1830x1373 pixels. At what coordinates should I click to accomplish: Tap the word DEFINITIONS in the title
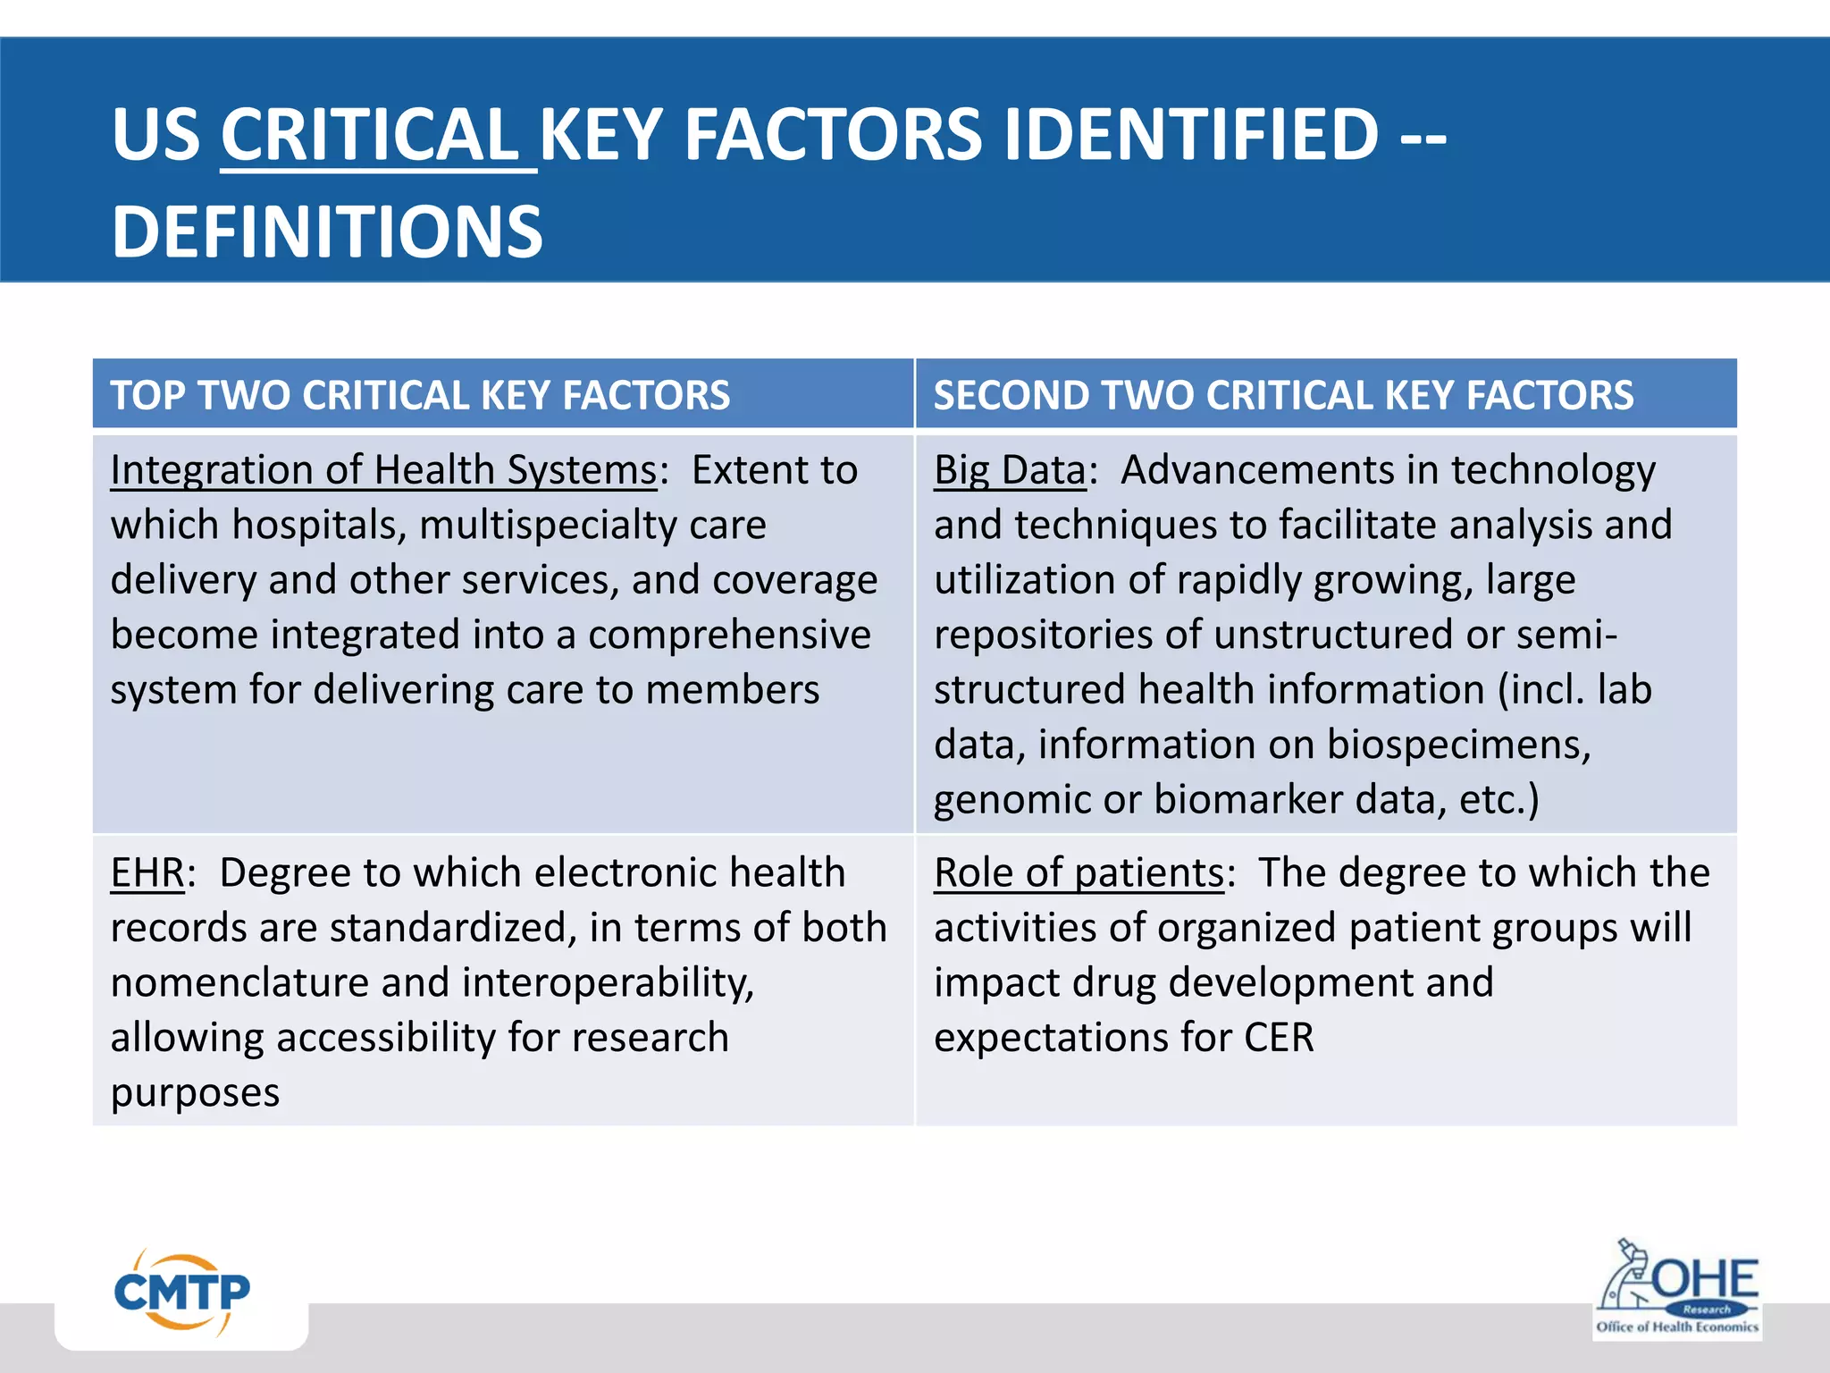pos(327,232)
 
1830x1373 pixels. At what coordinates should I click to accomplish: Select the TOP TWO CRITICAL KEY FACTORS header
pos(420,395)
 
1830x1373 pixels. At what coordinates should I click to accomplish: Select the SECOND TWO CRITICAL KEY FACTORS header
pos(1283,395)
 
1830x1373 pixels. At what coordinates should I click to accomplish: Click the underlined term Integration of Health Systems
pos(383,470)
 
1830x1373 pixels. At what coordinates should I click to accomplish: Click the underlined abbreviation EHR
pos(147,873)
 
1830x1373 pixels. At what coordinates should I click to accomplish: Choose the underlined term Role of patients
pos(1079,873)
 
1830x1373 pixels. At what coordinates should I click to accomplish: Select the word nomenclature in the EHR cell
pos(239,983)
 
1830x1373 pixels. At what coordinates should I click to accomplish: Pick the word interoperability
pos(608,983)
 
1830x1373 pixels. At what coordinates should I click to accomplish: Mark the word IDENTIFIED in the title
pos(1191,136)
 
